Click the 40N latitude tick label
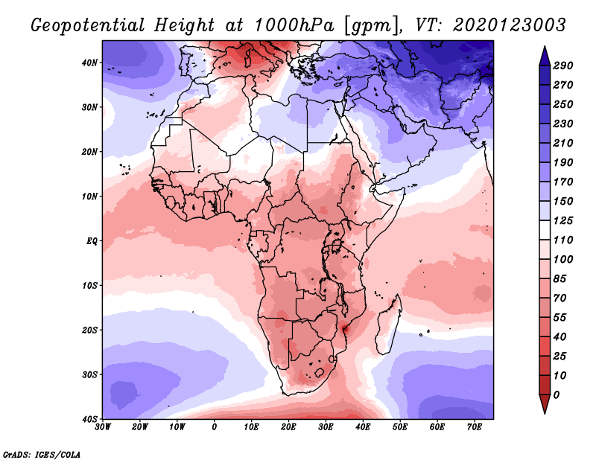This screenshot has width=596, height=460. pyautogui.click(x=89, y=63)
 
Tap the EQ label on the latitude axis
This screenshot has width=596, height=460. pyautogui.click(x=92, y=241)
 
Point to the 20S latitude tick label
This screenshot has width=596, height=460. pyautogui.click(x=89, y=330)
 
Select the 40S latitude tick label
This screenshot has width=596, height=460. pyautogui.click(x=89, y=419)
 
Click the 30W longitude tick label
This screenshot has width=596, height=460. pyautogui.click(x=103, y=428)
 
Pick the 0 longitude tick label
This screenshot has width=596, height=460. pyautogui.click(x=215, y=428)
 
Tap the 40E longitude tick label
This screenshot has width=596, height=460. pyautogui.click(x=363, y=428)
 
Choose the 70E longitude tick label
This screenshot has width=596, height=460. pyautogui.click(x=475, y=428)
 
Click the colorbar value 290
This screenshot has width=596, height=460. pyautogui.click(x=562, y=66)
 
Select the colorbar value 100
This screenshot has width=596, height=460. pyautogui.click(x=562, y=259)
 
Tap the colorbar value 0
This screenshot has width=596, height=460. pyautogui.click(x=557, y=394)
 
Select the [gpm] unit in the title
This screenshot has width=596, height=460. pyautogui.click(x=370, y=25)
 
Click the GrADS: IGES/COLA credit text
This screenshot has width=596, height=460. pyautogui.click(x=42, y=453)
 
